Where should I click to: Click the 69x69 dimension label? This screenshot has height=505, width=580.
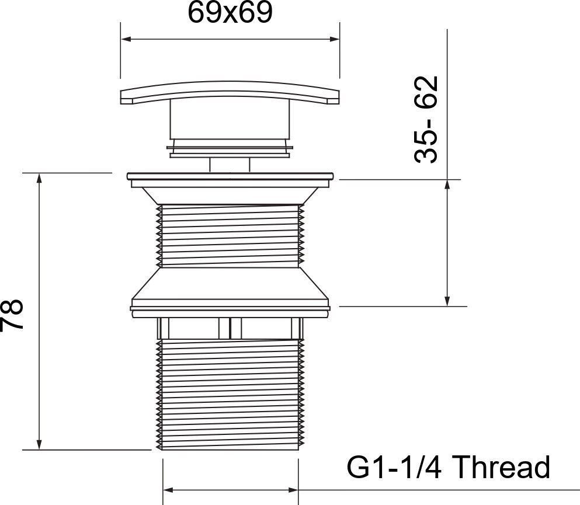click(x=230, y=13)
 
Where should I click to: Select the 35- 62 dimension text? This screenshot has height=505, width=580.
click(x=426, y=119)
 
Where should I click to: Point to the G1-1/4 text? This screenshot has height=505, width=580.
click(x=394, y=467)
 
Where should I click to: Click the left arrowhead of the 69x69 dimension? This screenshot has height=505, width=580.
click(x=127, y=39)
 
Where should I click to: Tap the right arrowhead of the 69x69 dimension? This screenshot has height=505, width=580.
click(x=334, y=39)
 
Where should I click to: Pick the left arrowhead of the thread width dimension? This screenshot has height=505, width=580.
click(x=168, y=490)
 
